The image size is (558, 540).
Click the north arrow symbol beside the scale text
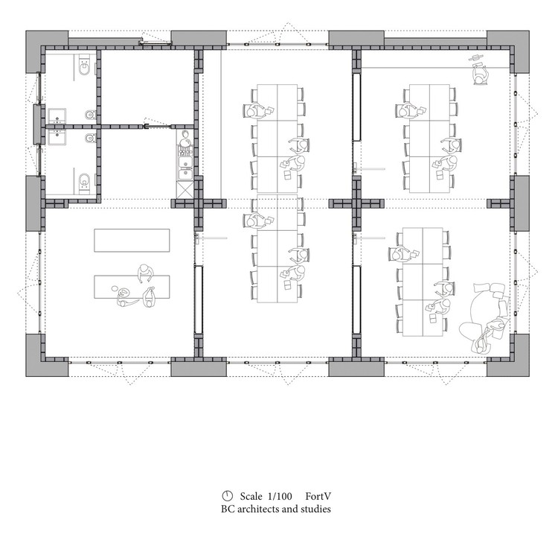tap(226, 496)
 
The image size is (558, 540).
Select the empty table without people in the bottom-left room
tap(132, 239)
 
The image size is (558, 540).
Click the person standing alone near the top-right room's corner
tap(480, 72)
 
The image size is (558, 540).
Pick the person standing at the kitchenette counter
tap(185, 140)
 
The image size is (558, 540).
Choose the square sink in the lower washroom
tap(57, 139)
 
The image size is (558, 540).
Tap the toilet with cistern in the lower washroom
tap(84, 180)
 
